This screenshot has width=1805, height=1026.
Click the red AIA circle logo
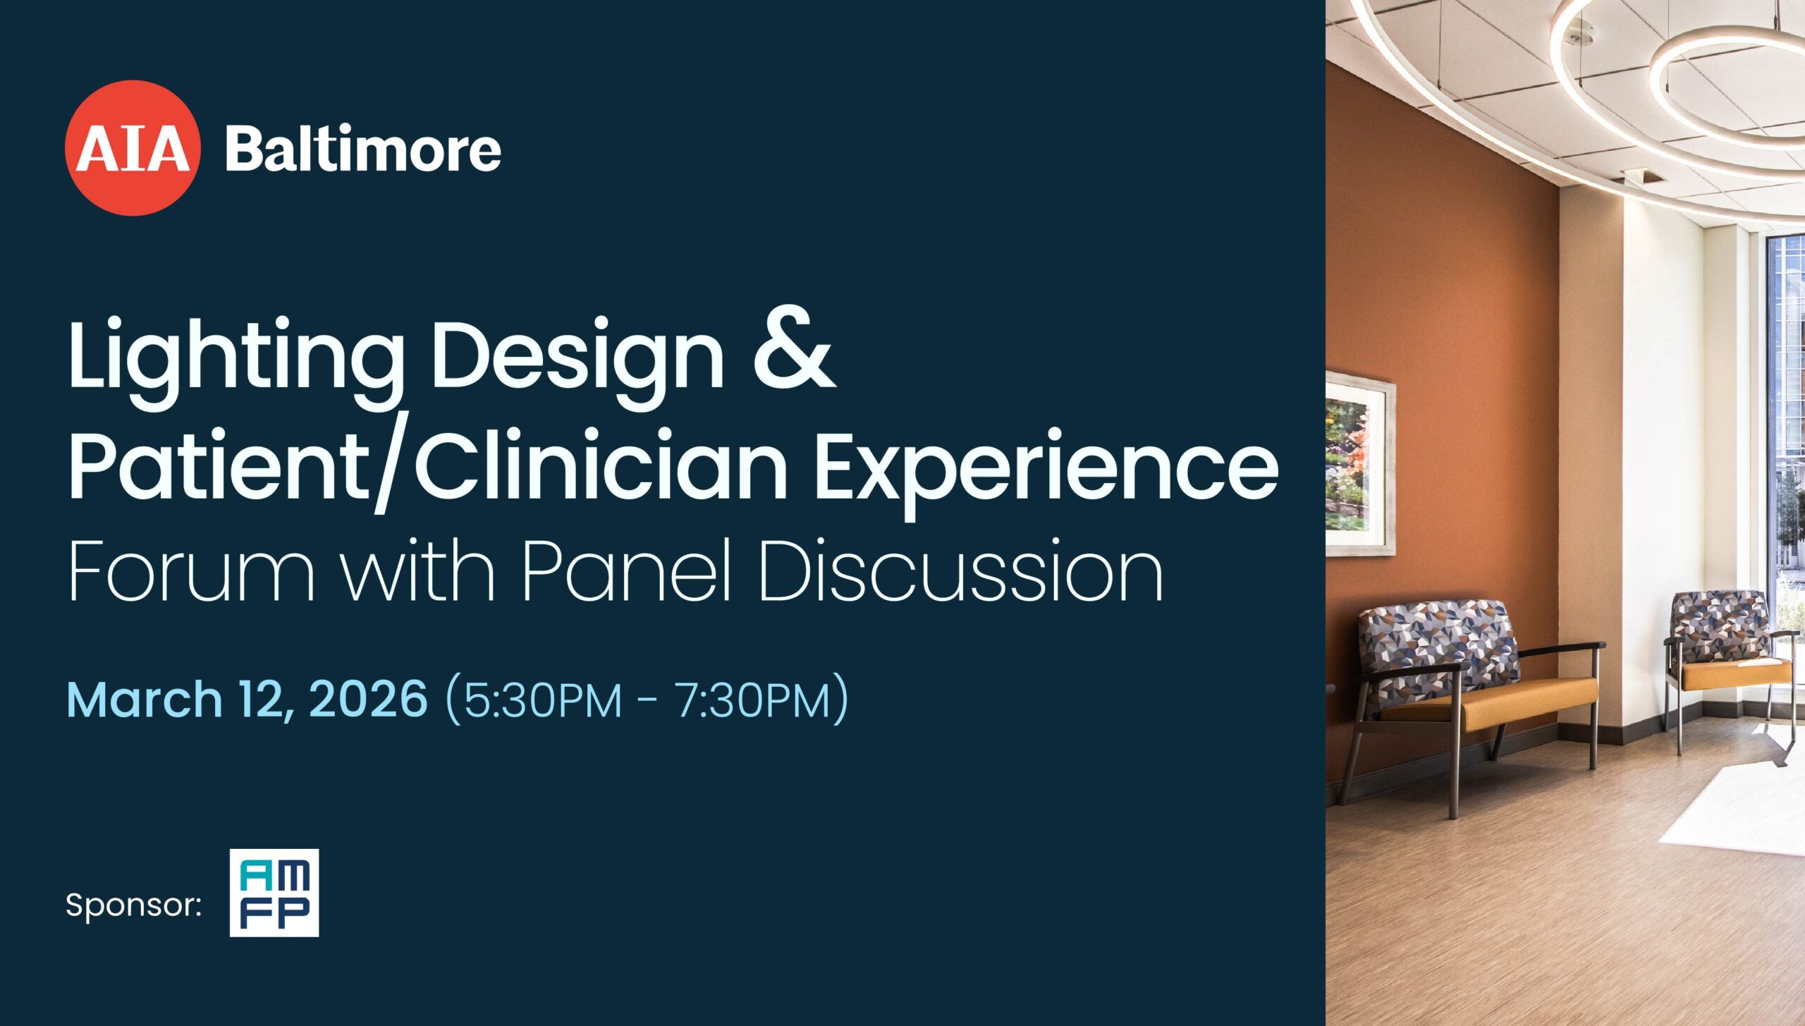coord(133,148)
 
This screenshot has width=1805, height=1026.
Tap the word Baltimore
coord(363,149)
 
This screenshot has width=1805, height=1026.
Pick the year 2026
coord(368,699)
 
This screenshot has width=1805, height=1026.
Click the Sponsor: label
coord(133,904)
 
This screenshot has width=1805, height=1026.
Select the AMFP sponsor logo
coord(274,893)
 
